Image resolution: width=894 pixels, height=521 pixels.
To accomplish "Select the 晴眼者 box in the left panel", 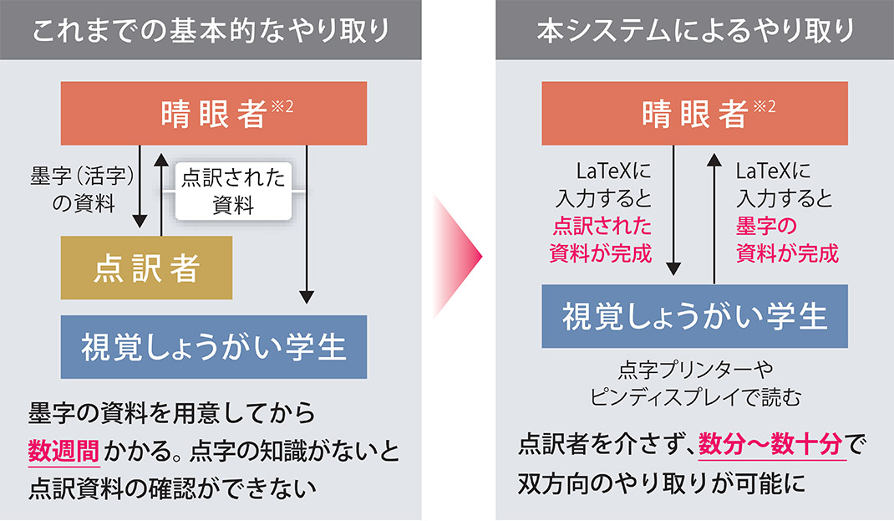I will click(x=214, y=114).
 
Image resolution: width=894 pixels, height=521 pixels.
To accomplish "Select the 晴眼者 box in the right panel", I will click(x=695, y=114).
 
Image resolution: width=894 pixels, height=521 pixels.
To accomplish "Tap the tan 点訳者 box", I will click(x=146, y=268).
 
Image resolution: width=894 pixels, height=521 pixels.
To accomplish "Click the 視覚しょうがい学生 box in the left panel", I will click(x=214, y=346).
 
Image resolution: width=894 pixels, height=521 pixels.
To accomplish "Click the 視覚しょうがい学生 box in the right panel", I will click(x=695, y=317).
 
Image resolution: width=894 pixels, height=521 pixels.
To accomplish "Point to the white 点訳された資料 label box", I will click(x=233, y=192).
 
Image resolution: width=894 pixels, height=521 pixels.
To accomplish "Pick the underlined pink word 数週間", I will click(x=64, y=452).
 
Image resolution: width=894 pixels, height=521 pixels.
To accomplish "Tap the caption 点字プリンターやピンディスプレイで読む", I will click(x=695, y=385).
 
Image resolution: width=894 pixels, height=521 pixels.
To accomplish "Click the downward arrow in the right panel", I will click(x=674, y=213).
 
